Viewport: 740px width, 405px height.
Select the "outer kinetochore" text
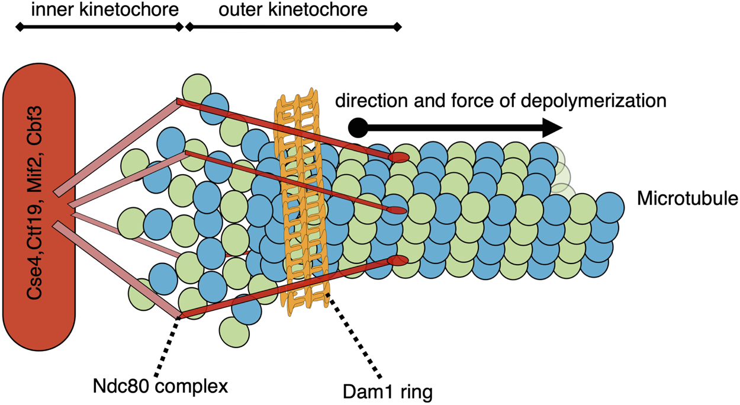(x=291, y=10)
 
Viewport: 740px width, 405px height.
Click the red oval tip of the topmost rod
(x=400, y=157)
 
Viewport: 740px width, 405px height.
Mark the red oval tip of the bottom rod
(x=396, y=261)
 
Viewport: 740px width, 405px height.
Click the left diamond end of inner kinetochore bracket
(x=20, y=27)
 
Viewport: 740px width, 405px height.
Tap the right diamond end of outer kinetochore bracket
(x=397, y=27)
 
